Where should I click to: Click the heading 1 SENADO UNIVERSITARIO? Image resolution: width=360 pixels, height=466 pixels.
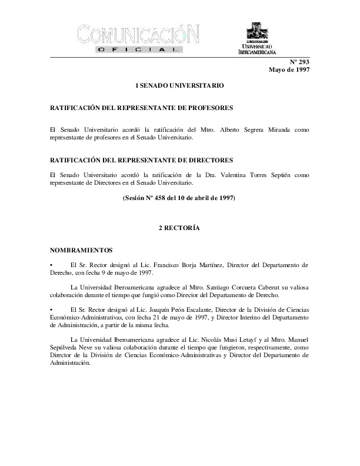pyautogui.click(x=179, y=86)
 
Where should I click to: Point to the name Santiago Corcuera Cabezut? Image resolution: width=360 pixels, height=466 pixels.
pyautogui.click(x=221, y=287)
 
